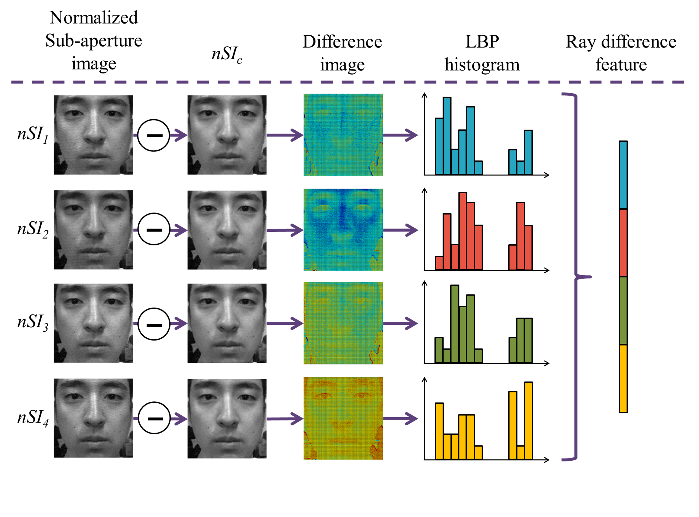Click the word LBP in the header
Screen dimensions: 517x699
482,42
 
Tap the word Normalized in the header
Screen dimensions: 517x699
94,18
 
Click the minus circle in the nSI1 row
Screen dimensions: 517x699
154,135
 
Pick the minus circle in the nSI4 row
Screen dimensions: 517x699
154,418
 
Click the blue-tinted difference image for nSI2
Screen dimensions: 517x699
343,230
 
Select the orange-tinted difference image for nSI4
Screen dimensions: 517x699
343,418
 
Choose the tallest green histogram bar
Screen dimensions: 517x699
455,324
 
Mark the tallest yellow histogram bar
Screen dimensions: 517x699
528,421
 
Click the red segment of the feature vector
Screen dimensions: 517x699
623,243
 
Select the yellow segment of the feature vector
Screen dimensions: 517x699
623,378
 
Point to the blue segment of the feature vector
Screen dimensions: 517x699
623,175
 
